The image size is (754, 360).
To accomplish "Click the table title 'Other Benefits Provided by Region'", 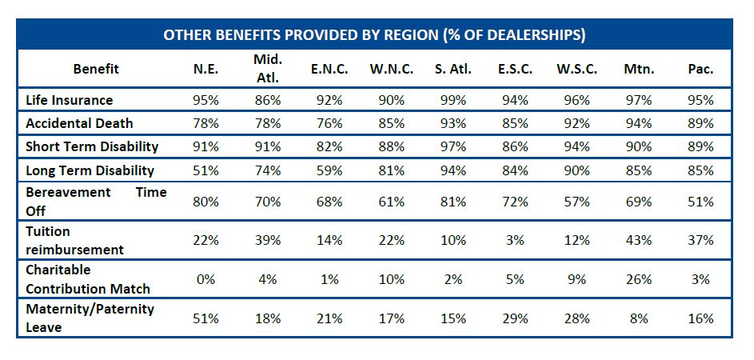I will pyautogui.click(x=374, y=35).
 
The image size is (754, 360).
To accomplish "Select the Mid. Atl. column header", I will pyautogui.click(x=268, y=68).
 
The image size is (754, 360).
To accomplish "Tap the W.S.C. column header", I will pyautogui.click(x=576, y=69).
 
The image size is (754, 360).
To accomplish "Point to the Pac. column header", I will pyautogui.click(x=700, y=69).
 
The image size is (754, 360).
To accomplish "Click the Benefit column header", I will pyautogui.click(x=95, y=69).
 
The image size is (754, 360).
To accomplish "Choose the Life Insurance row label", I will pyautogui.click(x=69, y=100).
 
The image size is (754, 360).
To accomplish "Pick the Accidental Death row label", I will pyautogui.click(x=79, y=123).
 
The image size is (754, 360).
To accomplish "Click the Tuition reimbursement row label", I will pyautogui.click(x=74, y=240).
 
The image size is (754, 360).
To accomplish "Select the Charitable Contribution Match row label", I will pyautogui.click(x=88, y=279).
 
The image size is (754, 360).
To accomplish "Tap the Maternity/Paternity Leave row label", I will pyautogui.click(x=90, y=318).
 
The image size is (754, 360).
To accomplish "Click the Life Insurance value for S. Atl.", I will pyautogui.click(x=453, y=100).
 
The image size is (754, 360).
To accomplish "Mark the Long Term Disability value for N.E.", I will pyautogui.click(x=205, y=170).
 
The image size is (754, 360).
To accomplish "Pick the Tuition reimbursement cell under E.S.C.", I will pyautogui.click(x=515, y=241).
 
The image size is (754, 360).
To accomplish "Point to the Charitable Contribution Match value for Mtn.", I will pyautogui.click(x=639, y=280).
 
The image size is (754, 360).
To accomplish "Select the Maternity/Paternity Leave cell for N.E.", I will pyautogui.click(x=205, y=318).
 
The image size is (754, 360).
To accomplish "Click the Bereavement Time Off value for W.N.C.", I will pyautogui.click(x=391, y=202).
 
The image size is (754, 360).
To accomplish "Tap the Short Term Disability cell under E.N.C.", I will pyautogui.click(x=329, y=146).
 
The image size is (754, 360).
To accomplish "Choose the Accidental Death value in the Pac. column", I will pyautogui.click(x=700, y=123).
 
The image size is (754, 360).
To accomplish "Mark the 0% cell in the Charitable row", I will pyautogui.click(x=205, y=280).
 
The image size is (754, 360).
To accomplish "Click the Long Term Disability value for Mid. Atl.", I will pyautogui.click(x=268, y=170).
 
